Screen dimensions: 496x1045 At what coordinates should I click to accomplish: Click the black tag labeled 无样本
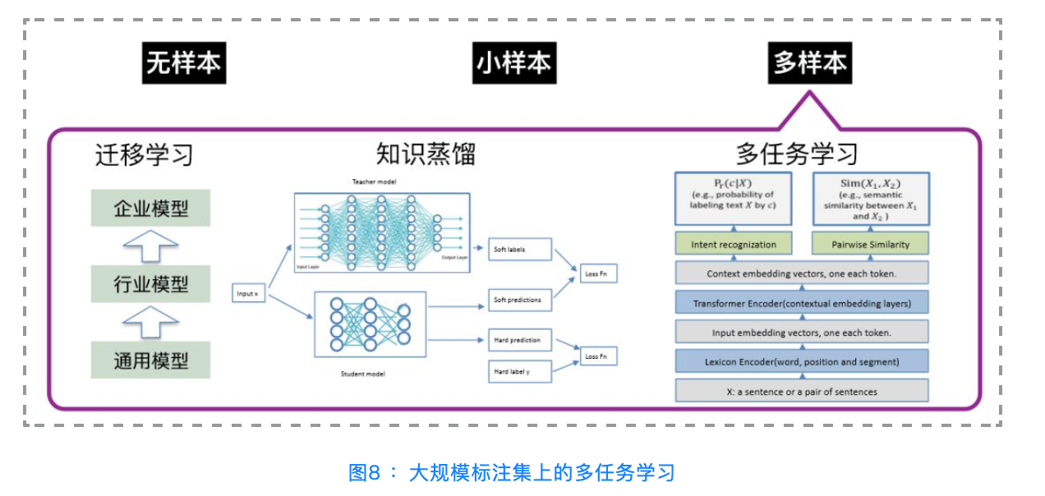tap(184, 63)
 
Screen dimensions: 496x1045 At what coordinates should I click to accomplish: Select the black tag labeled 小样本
tap(514, 63)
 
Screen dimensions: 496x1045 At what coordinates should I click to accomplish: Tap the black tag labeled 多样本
tap(810, 63)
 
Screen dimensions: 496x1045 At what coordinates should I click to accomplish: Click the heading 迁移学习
tap(145, 154)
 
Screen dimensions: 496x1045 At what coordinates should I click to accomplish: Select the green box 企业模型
tap(151, 208)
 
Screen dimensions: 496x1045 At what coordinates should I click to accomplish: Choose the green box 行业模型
tap(151, 285)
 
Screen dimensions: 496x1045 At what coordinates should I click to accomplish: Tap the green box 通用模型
tap(151, 360)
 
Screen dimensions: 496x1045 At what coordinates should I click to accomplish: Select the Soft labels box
tap(520, 249)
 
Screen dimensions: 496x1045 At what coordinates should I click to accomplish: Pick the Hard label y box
tap(520, 372)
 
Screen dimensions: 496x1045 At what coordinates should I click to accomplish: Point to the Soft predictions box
tap(520, 300)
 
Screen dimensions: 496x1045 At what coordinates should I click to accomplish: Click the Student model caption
tap(362, 374)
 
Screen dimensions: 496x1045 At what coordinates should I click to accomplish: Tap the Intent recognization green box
tap(734, 244)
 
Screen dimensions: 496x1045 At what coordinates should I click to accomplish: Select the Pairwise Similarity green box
tap(871, 244)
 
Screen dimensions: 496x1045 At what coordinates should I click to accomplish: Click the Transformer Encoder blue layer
tap(802, 303)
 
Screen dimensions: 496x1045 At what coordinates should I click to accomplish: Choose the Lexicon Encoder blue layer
tap(802, 361)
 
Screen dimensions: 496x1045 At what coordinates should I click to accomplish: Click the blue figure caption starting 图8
tap(512, 472)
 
